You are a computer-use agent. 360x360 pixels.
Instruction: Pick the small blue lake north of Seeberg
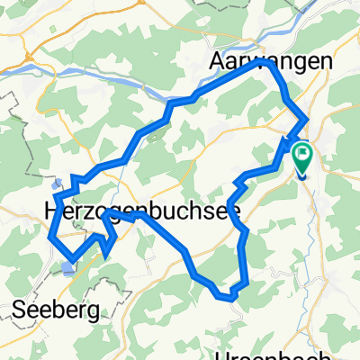click(x=69, y=267)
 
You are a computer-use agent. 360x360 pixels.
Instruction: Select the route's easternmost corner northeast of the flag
click(x=308, y=119)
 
